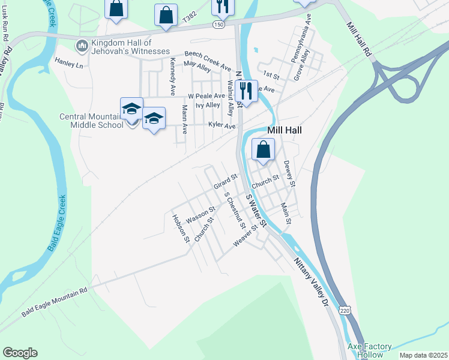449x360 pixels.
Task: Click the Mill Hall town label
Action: click(x=284, y=130)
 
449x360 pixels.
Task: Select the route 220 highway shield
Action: click(x=343, y=308)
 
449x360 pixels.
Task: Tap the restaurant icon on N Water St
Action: click(x=246, y=91)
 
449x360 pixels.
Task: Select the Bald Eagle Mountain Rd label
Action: click(x=55, y=301)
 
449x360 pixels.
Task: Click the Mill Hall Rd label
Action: click(x=360, y=40)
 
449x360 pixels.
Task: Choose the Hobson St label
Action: click(x=181, y=229)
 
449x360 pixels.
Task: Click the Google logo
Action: click(x=20, y=353)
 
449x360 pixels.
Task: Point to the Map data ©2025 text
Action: click(x=423, y=355)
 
